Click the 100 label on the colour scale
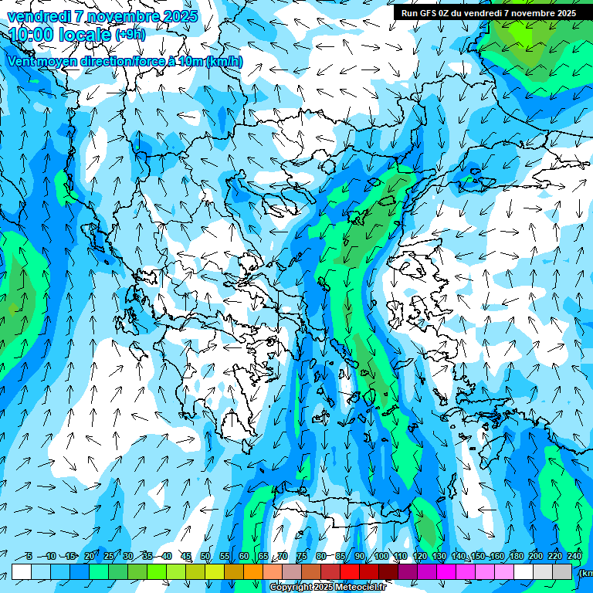(381, 556)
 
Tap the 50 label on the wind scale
(205, 556)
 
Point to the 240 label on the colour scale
(574, 556)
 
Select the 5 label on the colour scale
(29, 556)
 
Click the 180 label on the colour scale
(517, 556)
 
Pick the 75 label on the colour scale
(302, 556)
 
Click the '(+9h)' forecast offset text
(129, 35)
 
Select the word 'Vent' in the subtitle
(22, 62)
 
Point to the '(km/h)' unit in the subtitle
(225, 62)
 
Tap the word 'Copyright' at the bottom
(290, 588)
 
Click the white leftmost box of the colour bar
(22, 572)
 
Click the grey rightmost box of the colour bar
(562, 572)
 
